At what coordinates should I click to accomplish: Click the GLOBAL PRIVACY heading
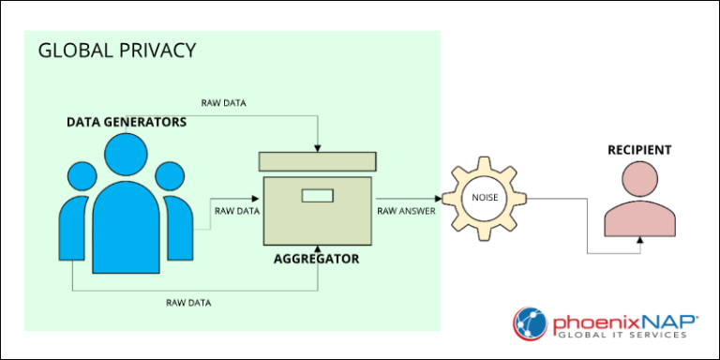[x=117, y=51]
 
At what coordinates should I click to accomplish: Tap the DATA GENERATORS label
[x=127, y=122]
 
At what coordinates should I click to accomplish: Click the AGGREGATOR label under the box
[x=316, y=260]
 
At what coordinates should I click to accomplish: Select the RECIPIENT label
[x=639, y=150]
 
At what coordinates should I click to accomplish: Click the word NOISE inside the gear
[x=486, y=199]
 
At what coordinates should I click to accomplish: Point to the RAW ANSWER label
[x=406, y=211]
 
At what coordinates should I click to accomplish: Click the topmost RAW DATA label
[x=224, y=103]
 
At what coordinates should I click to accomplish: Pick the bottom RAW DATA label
[x=188, y=303]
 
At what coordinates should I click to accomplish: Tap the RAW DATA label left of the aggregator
[x=237, y=211]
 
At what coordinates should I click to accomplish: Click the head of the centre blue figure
[x=126, y=155]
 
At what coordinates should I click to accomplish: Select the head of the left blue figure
[x=82, y=176]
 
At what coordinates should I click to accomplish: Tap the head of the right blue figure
[x=170, y=176]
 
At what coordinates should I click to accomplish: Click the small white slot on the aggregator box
[x=317, y=196]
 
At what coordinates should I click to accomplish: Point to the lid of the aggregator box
[x=318, y=161]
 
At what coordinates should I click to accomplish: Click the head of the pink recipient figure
[x=640, y=179]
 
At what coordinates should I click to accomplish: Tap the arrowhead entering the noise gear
[x=438, y=199]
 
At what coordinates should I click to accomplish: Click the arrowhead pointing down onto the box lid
[x=317, y=148]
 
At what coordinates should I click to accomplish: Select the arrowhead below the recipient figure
[x=640, y=240]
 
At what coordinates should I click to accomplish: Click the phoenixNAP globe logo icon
[x=531, y=323]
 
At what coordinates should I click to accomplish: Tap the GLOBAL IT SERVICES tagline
[x=622, y=335]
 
